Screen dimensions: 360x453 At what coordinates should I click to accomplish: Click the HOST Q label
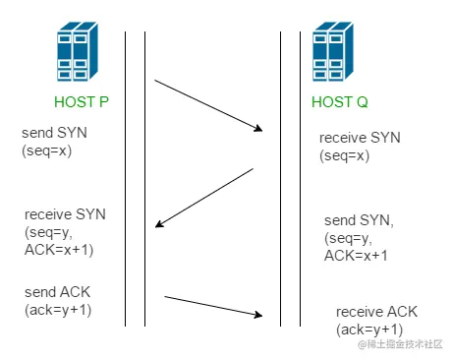tap(341, 102)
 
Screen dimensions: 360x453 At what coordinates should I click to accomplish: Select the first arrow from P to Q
tap(209, 104)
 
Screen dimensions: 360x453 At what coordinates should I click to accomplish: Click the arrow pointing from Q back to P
tap(204, 197)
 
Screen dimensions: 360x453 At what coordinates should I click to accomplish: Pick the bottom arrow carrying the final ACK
tap(214, 305)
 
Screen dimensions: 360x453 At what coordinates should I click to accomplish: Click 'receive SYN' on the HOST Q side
tap(359, 139)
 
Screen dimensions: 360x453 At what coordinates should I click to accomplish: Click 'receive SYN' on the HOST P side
tap(65, 213)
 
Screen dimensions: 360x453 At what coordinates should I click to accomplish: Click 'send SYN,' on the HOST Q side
tap(360, 221)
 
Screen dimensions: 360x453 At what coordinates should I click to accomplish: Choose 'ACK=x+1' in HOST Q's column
tap(357, 256)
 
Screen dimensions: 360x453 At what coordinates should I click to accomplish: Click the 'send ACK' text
tap(58, 294)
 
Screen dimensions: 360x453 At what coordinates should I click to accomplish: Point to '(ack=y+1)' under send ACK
tap(58, 311)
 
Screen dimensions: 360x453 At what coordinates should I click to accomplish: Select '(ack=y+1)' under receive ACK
tap(369, 328)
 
